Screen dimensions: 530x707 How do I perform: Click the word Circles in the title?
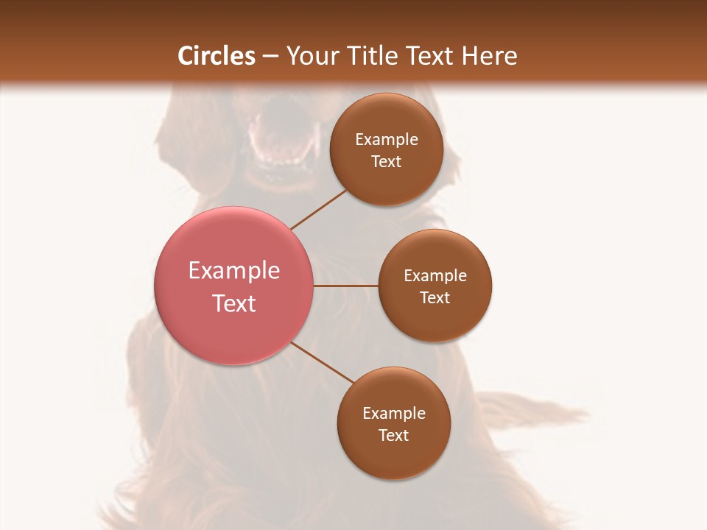click(216, 56)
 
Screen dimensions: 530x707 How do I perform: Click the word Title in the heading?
click(366, 56)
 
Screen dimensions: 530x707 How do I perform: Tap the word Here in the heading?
click(490, 56)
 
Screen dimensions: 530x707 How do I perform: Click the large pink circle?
click(234, 243)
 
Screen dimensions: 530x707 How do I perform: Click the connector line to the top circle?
click(318, 209)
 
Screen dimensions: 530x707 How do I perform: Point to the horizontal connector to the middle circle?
click(345, 286)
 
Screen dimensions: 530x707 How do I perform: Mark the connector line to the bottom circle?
click(323, 362)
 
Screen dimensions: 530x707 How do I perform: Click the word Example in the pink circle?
click(234, 271)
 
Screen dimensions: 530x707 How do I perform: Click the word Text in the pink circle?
click(234, 303)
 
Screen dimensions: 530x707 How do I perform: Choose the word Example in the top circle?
click(387, 139)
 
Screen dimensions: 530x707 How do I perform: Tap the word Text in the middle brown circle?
click(435, 297)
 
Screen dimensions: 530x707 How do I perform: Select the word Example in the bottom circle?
click(394, 413)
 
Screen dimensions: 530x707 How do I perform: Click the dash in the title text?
click(270, 56)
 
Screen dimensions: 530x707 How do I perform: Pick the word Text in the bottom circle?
click(393, 435)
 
